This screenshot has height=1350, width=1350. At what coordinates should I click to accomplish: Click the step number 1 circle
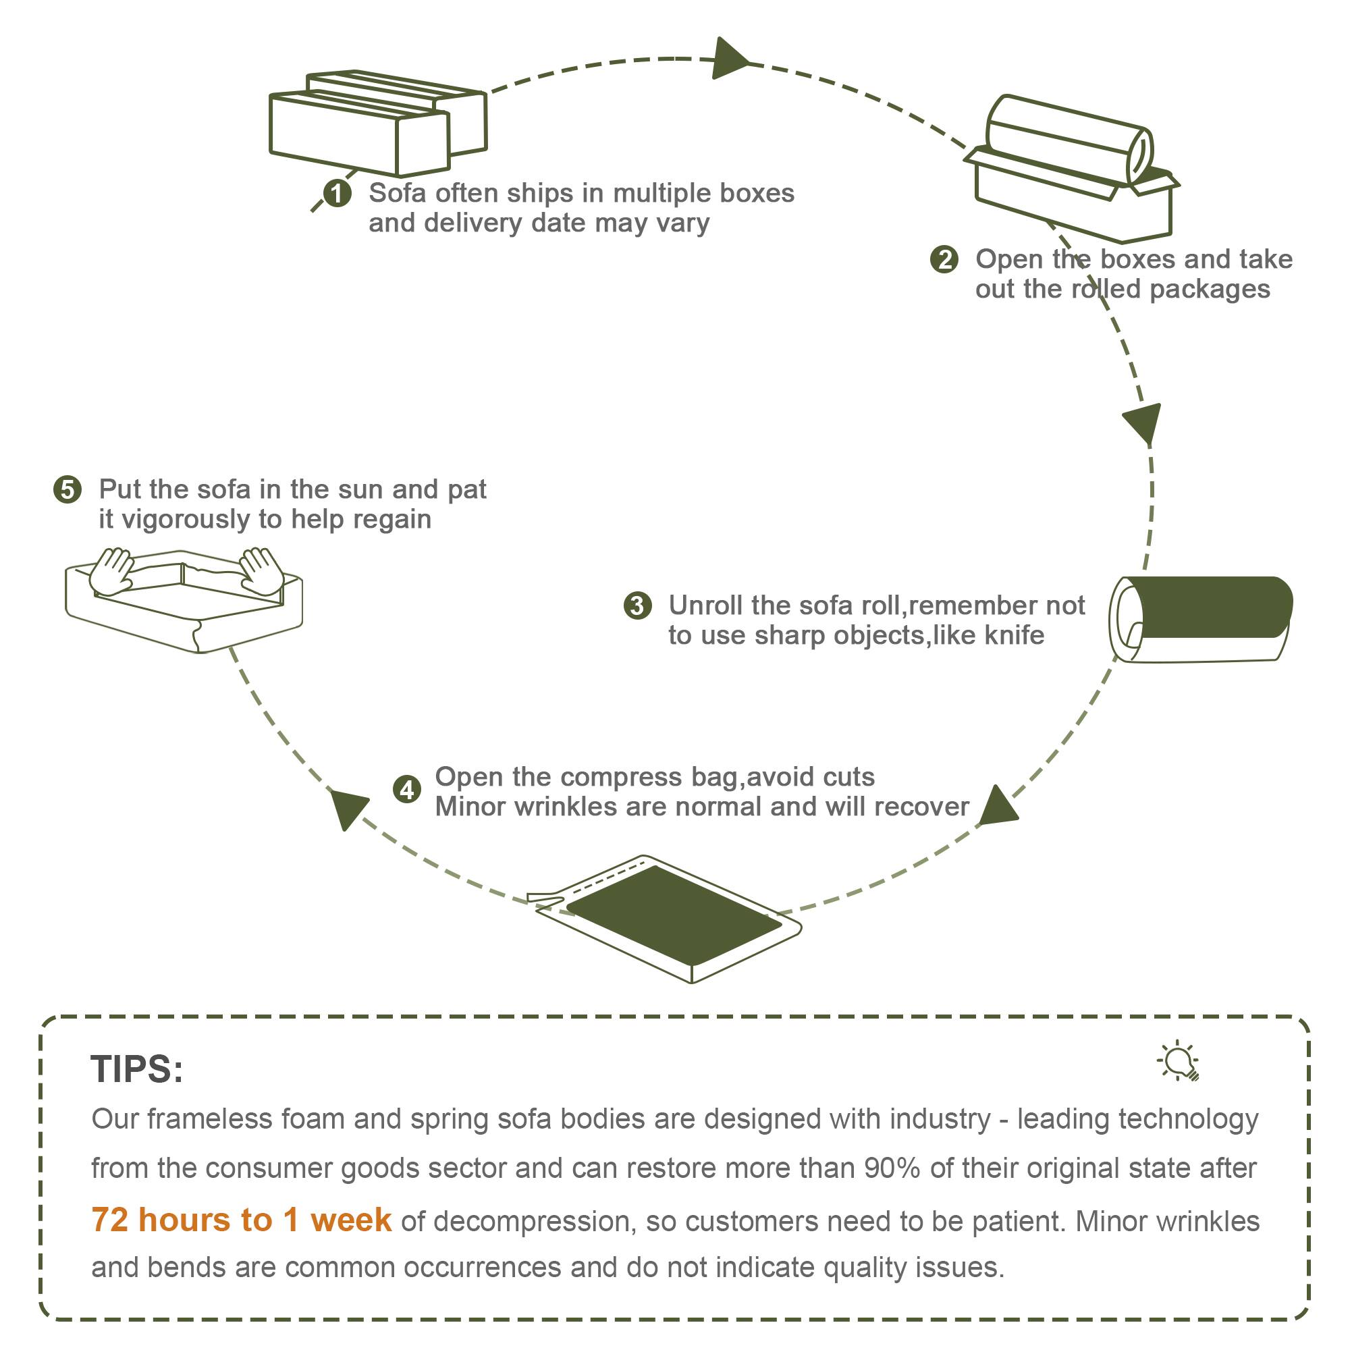click(337, 194)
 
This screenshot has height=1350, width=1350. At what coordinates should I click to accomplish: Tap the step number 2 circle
click(944, 260)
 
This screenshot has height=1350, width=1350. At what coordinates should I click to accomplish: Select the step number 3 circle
click(637, 605)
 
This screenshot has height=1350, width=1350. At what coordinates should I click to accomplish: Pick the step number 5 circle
click(67, 489)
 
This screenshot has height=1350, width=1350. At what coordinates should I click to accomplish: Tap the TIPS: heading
click(137, 1069)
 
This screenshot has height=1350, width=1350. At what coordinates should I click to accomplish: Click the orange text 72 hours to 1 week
click(241, 1220)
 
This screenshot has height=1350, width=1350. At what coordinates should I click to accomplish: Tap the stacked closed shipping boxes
click(377, 122)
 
